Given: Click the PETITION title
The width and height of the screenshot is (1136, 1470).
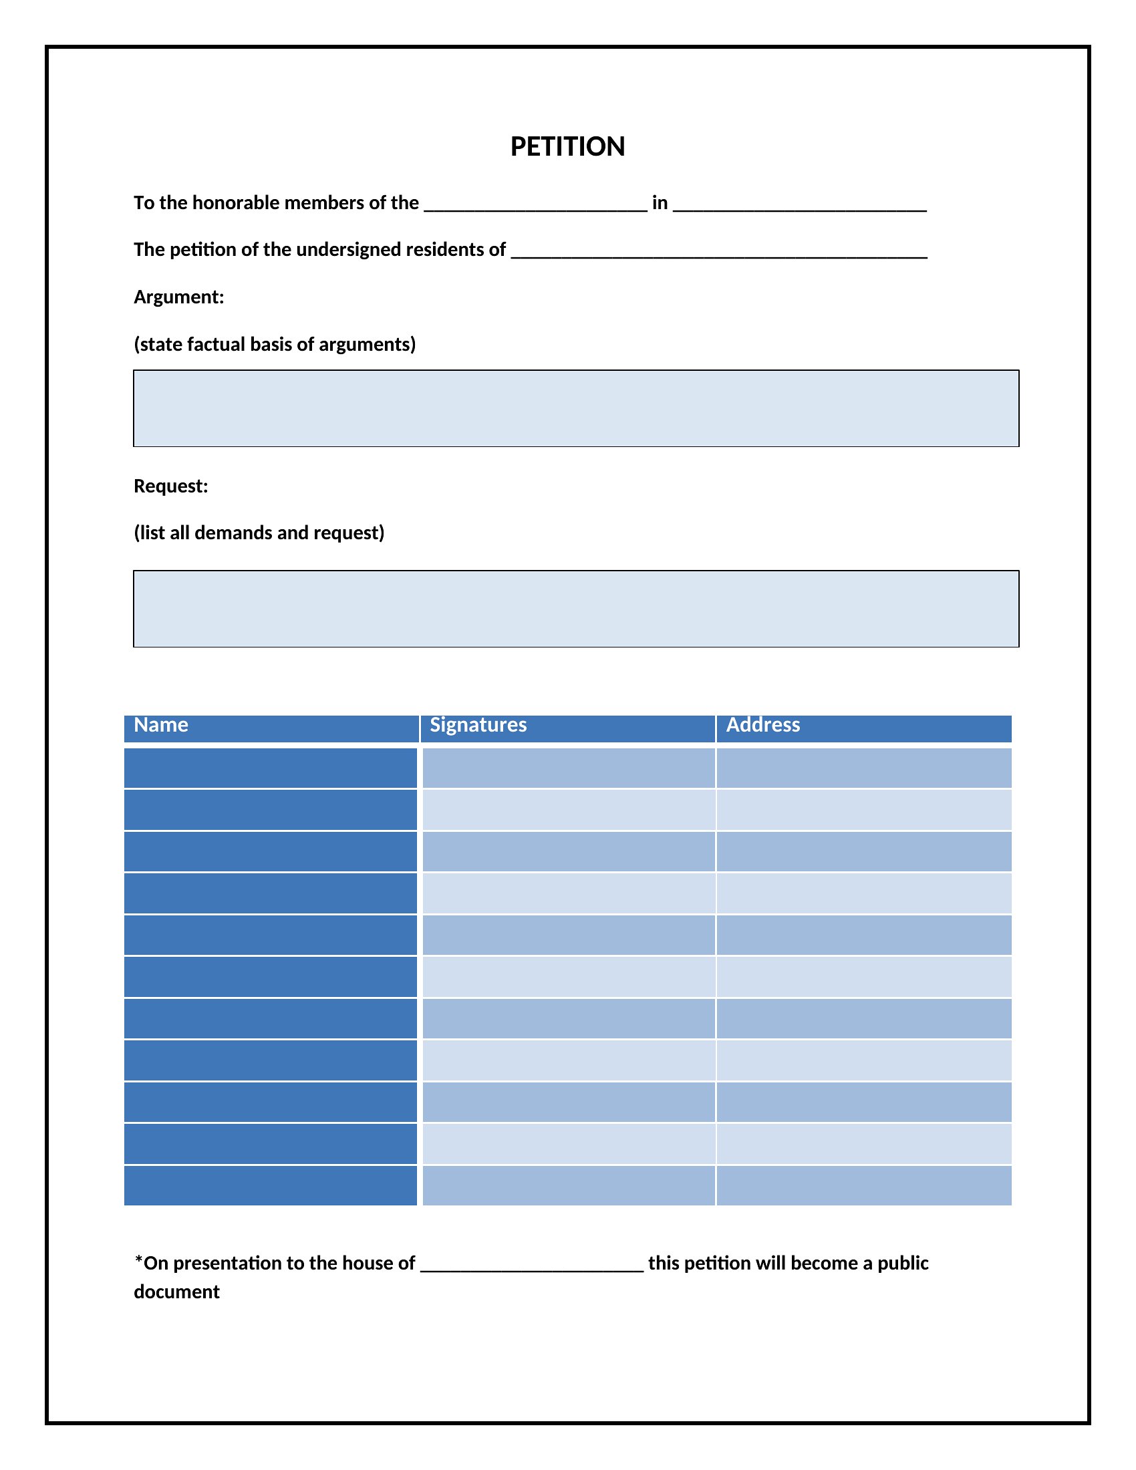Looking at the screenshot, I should point(567,147).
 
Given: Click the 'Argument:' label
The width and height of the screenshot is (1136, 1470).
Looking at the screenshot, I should point(178,297).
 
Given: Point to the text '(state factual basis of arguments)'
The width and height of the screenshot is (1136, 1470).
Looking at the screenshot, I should point(275,344).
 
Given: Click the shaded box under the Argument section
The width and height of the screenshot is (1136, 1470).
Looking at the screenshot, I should point(575,408).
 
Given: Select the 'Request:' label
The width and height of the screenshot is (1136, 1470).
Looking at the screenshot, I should point(171,486).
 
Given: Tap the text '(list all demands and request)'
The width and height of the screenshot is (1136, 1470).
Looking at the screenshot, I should point(259,533).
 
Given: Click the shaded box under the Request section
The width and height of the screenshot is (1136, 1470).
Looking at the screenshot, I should point(575,609).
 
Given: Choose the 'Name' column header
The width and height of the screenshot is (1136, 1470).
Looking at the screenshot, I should point(161,725).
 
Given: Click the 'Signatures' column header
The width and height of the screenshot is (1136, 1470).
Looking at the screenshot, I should point(478,725).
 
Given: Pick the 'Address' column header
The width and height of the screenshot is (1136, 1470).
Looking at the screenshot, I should point(762,725).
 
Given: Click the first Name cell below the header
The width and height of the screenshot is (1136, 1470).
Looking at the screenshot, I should point(271,768).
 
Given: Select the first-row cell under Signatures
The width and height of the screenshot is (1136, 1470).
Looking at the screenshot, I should point(568,768).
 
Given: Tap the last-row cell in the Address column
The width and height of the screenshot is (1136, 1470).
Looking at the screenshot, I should point(863,1185).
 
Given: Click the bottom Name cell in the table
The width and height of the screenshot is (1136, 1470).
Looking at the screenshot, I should point(271,1185).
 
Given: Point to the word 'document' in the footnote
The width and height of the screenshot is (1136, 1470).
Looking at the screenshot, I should point(176,1292).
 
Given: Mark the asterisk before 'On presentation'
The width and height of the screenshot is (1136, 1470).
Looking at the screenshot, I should point(138,1260).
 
